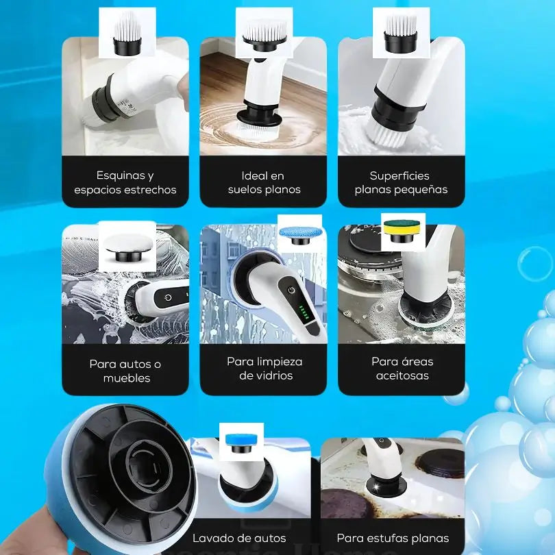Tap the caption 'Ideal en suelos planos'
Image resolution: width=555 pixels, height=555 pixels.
click(264, 183)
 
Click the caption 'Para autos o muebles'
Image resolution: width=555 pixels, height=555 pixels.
click(125, 371)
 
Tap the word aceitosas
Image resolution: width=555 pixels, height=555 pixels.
click(402, 375)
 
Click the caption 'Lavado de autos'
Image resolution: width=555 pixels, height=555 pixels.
click(239, 539)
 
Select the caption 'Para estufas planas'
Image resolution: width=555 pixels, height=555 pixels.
click(393, 539)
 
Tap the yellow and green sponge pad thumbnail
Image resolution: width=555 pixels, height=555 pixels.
click(404, 232)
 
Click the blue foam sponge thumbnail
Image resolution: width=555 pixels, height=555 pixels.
click(241, 442)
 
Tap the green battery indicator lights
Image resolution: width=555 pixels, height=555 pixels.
click(303, 312)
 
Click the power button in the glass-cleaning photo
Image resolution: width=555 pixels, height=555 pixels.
click(291, 291)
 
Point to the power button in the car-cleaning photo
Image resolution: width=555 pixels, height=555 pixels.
click(169, 297)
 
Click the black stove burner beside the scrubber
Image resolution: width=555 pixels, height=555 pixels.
click(440, 464)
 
